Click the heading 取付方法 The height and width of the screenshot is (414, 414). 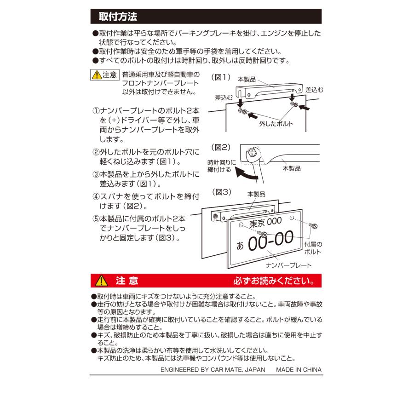(118, 17)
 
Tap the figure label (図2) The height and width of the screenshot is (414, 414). (220, 147)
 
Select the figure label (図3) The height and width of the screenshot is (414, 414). (220, 192)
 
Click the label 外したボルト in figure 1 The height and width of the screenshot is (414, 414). (276, 124)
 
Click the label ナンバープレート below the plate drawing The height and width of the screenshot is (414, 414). (288, 265)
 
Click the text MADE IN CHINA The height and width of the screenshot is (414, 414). (299, 369)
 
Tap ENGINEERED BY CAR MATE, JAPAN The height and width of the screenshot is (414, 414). (213, 369)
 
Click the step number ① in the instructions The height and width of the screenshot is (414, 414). (96, 111)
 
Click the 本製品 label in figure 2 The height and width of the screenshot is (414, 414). (291, 169)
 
